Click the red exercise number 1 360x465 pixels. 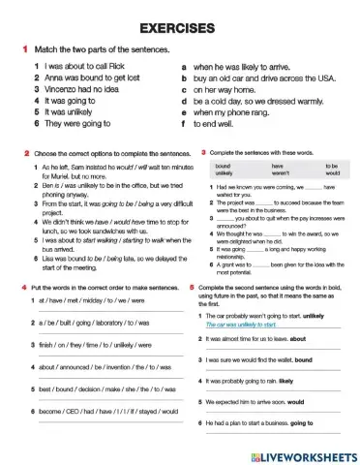pyautogui.click(x=22, y=48)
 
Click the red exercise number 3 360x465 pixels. pyautogui.click(x=203, y=153)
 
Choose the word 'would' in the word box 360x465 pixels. pyautogui.click(x=331, y=173)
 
